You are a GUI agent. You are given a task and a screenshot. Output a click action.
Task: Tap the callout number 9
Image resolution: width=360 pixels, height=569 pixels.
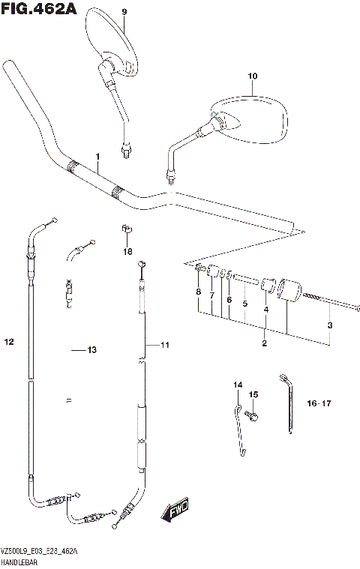(124, 11)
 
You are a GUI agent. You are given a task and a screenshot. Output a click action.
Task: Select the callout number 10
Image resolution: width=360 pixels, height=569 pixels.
(252, 76)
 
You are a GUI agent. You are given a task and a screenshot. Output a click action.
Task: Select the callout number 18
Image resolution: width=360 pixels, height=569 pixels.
(127, 251)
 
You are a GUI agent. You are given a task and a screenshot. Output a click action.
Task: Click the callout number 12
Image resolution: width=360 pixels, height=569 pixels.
(9, 343)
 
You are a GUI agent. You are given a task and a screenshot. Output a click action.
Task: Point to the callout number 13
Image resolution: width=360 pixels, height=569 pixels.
(92, 350)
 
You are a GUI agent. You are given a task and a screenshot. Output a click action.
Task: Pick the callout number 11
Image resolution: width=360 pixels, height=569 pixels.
(165, 345)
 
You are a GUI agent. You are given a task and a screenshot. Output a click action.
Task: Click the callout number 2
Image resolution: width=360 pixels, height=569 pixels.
(264, 343)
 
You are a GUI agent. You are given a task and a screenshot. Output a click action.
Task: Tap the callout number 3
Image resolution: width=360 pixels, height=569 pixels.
(329, 325)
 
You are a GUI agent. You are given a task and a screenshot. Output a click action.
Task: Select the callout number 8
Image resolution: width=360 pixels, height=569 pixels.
(198, 291)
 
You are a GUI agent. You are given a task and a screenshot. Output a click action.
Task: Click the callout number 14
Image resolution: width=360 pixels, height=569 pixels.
(238, 385)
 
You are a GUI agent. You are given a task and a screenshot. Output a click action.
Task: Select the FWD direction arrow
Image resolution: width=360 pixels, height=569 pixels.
(175, 512)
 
